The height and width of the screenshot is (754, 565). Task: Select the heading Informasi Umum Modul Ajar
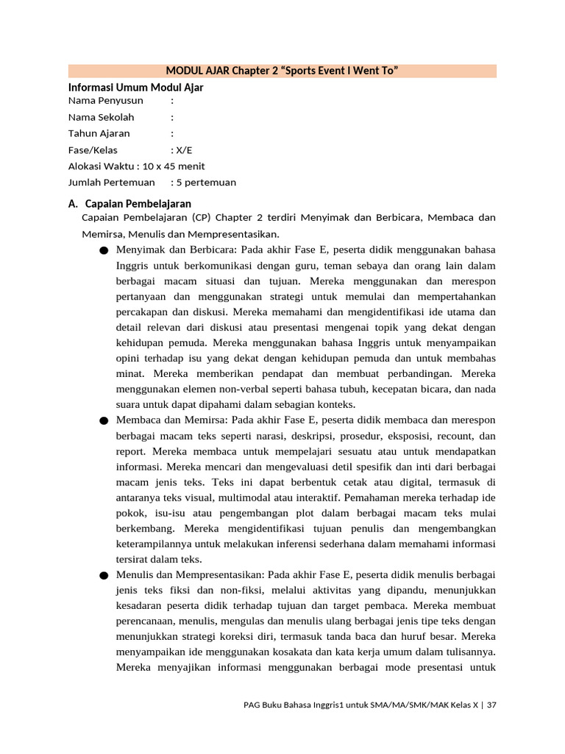click(135, 88)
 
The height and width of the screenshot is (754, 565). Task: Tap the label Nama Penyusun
click(106, 100)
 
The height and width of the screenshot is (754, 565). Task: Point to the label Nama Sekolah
click(102, 117)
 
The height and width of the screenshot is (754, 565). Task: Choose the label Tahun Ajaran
click(99, 133)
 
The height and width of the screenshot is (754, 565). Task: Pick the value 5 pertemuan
click(206, 183)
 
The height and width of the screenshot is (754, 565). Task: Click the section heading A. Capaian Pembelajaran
click(129, 203)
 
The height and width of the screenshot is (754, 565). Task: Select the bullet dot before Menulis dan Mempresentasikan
click(103, 575)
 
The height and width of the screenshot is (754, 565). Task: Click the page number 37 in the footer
click(491, 705)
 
